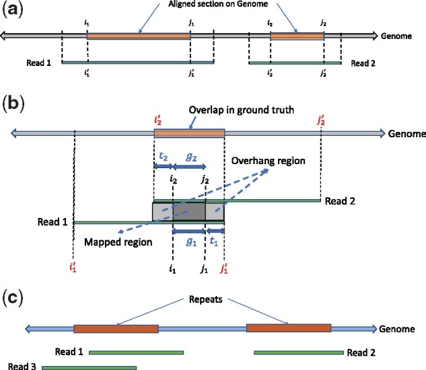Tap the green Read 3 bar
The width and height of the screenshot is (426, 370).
(x=89, y=367)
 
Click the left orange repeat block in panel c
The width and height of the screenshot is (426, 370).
(x=116, y=329)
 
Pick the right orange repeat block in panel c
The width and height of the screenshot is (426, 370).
(x=289, y=328)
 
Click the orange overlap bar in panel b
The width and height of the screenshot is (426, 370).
(x=188, y=134)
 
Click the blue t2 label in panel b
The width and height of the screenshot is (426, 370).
(x=163, y=153)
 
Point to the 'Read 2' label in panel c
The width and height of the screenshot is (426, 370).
(x=363, y=352)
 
